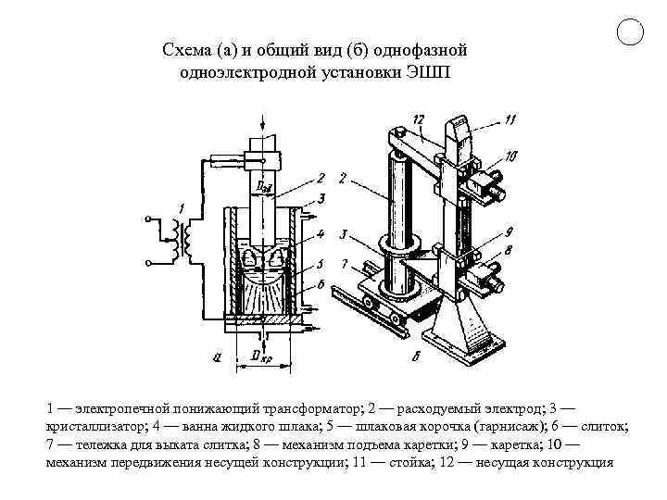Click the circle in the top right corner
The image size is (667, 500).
pyautogui.click(x=630, y=32)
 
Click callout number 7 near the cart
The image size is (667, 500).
pyautogui.click(x=344, y=265)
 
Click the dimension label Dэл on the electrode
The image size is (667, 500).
pyautogui.click(x=263, y=189)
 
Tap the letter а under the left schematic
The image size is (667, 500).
pyautogui.click(x=216, y=357)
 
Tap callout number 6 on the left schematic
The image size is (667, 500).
pyautogui.click(x=321, y=282)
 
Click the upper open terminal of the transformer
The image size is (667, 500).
pyautogui.click(x=148, y=219)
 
